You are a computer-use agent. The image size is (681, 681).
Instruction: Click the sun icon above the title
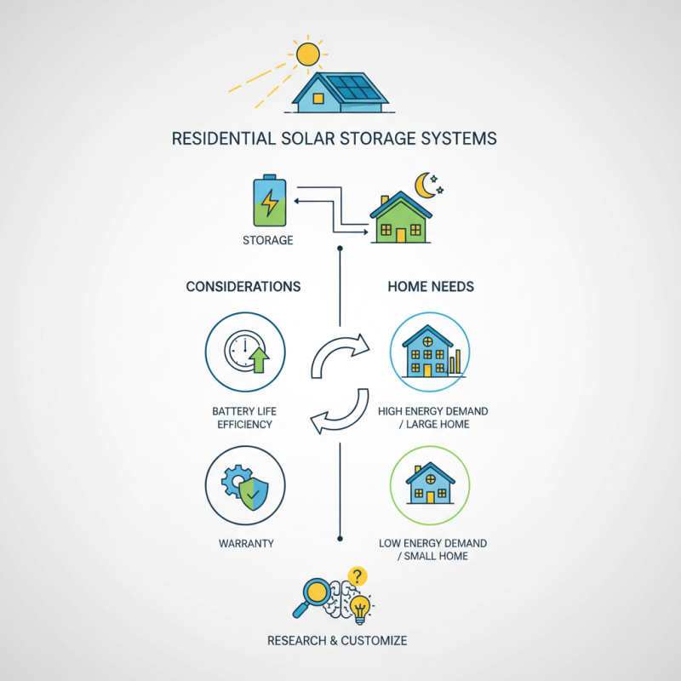click(x=307, y=54)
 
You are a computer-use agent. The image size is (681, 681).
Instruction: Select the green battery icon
click(x=269, y=202)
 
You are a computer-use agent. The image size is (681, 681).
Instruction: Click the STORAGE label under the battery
click(x=268, y=240)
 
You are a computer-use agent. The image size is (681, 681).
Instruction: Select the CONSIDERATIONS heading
click(x=243, y=287)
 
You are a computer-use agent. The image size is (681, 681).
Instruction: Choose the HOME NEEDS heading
click(x=431, y=287)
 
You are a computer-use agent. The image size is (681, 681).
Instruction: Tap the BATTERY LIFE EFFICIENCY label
click(x=245, y=417)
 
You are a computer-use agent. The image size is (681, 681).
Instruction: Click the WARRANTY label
click(x=245, y=542)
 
